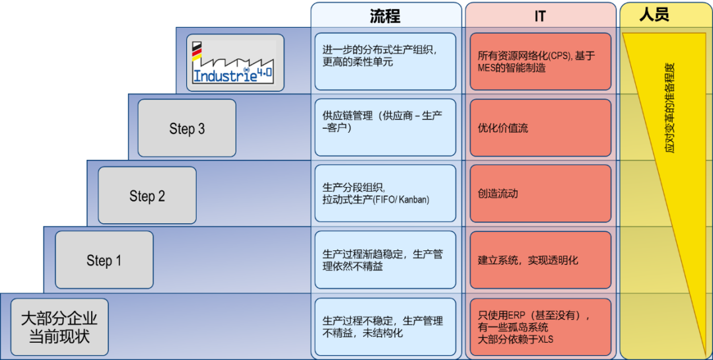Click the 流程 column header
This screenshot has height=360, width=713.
click(x=385, y=17)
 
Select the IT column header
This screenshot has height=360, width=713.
click(x=540, y=17)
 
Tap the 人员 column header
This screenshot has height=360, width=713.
click(x=654, y=15)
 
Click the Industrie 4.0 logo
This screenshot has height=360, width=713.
click(x=235, y=62)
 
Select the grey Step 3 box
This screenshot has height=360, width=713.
click(x=187, y=128)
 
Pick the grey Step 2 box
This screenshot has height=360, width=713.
click(x=147, y=196)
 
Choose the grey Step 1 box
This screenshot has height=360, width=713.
click(x=104, y=260)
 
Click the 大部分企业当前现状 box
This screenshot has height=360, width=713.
click(x=59, y=327)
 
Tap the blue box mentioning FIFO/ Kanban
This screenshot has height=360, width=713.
click(x=385, y=194)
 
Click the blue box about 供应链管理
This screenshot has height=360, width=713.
click(x=385, y=127)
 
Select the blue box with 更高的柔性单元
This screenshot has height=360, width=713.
click(x=385, y=61)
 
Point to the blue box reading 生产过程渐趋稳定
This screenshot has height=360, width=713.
click(x=385, y=260)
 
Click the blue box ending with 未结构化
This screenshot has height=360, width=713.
click(x=385, y=327)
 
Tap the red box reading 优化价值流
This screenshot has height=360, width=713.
click(x=541, y=128)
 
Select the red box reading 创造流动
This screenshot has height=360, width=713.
click(x=541, y=194)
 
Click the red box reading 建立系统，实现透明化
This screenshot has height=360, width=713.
click(x=541, y=260)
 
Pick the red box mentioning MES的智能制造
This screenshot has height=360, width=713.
click(x=541, y=61)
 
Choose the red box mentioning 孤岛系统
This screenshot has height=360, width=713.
click(x=541, y=327)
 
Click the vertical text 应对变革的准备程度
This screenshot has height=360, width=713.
click(x=670, y=108)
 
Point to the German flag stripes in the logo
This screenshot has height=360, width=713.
click(x=197, y=52)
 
